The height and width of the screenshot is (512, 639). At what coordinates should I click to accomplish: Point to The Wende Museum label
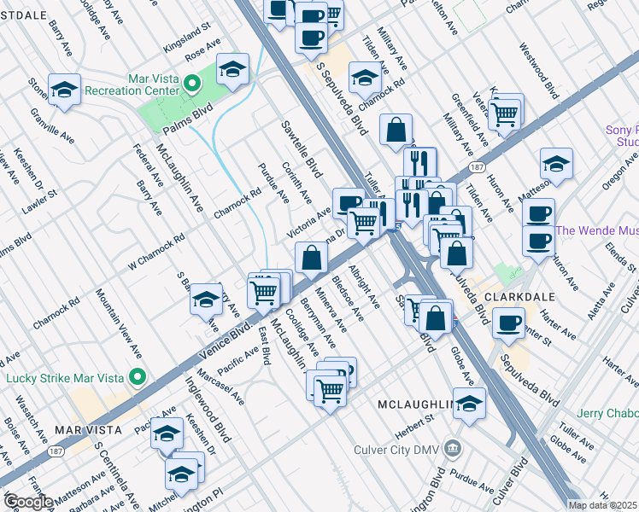point(596,231)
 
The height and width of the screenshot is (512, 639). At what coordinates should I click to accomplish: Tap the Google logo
point(27,501)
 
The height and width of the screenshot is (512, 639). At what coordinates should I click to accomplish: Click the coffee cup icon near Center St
point(509,323)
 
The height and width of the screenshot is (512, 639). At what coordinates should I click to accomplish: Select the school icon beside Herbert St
point(469,405)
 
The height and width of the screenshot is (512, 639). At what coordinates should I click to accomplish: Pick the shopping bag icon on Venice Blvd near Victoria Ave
point(312,257)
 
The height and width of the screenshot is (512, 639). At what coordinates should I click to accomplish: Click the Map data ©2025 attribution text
point(602,505)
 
